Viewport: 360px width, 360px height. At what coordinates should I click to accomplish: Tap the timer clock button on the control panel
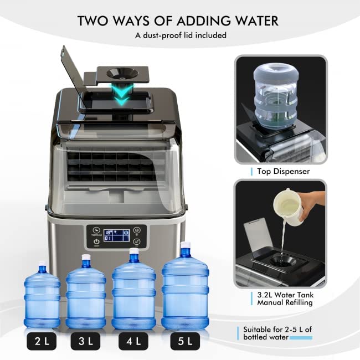click(96, 230)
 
